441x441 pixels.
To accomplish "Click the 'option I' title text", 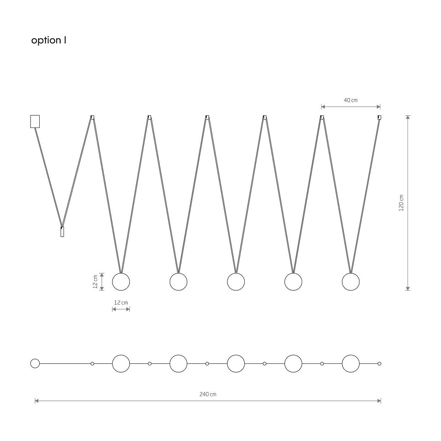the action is tap(49, 40).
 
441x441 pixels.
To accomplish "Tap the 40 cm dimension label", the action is tap(351, 100).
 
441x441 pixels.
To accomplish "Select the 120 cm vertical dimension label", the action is tap(401, 203).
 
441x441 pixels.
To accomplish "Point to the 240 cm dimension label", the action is tap(208, 394).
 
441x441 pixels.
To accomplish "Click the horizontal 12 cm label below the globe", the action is tap(121, 302).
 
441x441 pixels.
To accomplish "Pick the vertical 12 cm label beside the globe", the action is tap(95, 282).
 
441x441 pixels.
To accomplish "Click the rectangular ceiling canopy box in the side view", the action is tap(35, 121).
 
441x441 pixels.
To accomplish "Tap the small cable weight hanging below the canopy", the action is tap(62, 232).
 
